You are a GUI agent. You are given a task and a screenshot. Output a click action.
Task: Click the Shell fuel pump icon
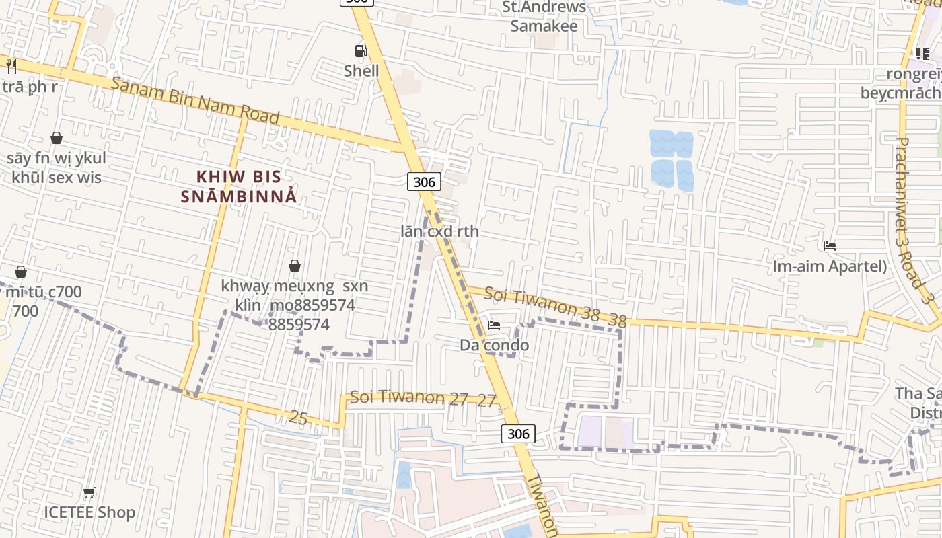tap(361, 51)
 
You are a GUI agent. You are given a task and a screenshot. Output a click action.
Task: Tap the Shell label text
tap(361, 71)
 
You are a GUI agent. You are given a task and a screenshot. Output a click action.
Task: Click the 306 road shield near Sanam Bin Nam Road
tap(424, 182)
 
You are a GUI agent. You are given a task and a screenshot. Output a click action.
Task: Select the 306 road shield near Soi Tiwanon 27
tap(518, 434)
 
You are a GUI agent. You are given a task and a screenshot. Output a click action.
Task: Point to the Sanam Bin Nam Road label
tap(195, 101)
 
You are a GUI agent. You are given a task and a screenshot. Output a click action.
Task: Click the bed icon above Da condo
tap(494, 326)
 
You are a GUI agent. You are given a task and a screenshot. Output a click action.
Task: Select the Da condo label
tap(494, 345)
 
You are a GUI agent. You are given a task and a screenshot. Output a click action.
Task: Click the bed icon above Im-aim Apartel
tap(829, 247)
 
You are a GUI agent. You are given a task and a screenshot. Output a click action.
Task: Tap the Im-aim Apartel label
tap(829, 266)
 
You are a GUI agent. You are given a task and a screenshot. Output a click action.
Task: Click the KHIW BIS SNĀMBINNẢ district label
tap(238, 186)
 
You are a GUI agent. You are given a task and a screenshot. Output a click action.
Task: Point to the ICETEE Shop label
tap(89, 512)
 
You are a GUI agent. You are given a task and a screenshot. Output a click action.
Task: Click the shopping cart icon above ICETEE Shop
tap(89, 493)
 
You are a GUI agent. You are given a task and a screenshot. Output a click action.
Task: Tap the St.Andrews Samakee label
tap(544, 17)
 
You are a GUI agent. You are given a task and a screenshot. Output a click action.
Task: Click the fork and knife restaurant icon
tap(11, 66)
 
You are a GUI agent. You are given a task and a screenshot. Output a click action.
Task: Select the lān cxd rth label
tap(440, 231)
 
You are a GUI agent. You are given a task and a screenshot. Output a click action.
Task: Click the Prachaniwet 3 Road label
tap(912, 215)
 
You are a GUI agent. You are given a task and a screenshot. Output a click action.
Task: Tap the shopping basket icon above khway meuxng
tap(294, 266)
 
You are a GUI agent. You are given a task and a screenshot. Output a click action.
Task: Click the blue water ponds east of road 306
tap(672, 159)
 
